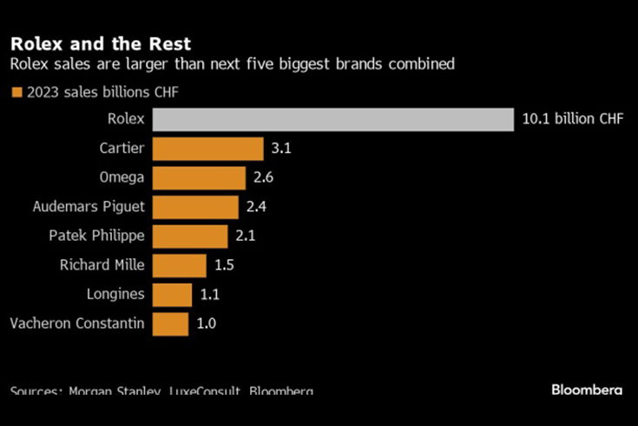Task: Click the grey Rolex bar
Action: click(x=334, y=119)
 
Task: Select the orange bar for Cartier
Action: click(x=208, y=149)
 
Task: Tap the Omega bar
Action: click(x=200, y=178)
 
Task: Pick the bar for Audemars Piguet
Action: click(x=196, y=207)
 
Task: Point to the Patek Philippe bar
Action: click(x=191, y=236)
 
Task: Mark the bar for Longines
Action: click(x=173, y=295)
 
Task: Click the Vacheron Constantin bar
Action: click(x=171, y=323)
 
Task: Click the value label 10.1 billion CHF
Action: click(x=572, y=119)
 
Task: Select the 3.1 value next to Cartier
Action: click(x=280, y=149)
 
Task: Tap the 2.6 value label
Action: click(x=263, y=178)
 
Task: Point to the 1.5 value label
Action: click(x=224, y=265)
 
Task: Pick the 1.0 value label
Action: click(x=206, y=323)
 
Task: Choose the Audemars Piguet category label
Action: click(x=89, y=207)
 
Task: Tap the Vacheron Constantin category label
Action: click(x=77, y=323)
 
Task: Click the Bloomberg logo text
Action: click(x=587, y=389)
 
